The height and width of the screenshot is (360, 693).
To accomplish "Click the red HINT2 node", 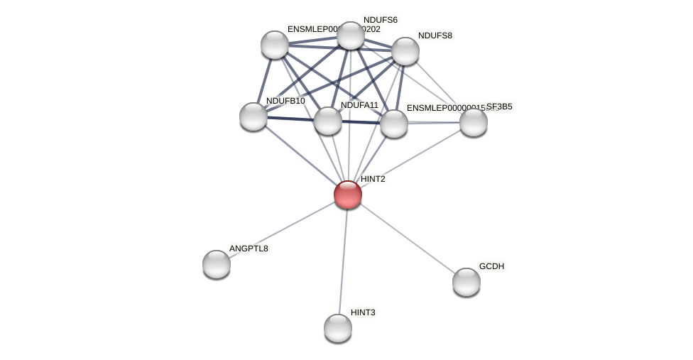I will click(348, 195).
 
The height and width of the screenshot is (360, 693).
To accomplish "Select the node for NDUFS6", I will click(350, 36).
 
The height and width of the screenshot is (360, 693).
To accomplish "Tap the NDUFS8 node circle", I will click(405, 51).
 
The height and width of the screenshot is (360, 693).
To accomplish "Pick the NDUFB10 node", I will click(253, 116).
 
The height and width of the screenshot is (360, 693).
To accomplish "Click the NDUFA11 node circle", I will click(328, 121).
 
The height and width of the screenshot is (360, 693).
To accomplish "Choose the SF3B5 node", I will click(474, 122).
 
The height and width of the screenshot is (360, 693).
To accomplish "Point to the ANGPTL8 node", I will click(217, 264).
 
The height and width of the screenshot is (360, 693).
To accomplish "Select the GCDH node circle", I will click(466, 282).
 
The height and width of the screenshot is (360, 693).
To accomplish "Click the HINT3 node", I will click(338, 328).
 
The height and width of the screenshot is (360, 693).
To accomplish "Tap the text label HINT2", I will click(373, 179).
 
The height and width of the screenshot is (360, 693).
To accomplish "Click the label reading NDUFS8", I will click(435, 36).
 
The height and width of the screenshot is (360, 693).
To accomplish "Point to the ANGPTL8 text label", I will click(249, 249).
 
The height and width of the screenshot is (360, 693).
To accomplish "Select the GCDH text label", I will click(491, 266).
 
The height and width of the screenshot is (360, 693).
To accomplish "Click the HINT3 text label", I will click(363, 312).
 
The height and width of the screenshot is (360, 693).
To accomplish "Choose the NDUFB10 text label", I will click(285, 101).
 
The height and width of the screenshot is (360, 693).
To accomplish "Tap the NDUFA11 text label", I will click(359, 105).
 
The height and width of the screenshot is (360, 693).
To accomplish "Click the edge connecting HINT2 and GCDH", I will click(407, 238).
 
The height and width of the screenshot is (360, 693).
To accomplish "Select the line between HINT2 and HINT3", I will click(343, 261).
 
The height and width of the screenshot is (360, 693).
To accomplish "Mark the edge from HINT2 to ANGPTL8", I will click(282, 229).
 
